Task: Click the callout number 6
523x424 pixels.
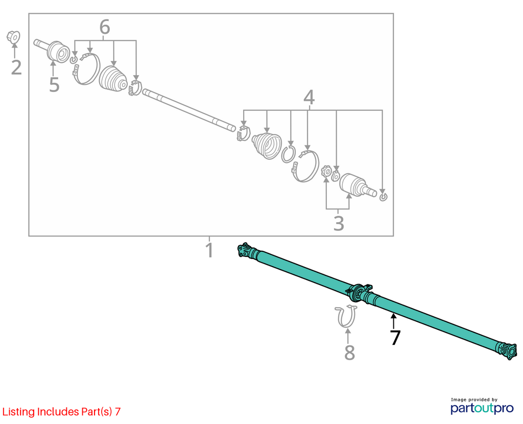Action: pyautogui.click(x=105, y=27)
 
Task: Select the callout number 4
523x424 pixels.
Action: pyautogui.click(x=309, y=98)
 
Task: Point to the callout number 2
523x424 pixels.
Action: pyautogui.click(x=16, y=67)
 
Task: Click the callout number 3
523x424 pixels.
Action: pyautogui.click(x=339, y=223)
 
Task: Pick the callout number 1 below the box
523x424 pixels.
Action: pyautogui.click(x=209, y=250)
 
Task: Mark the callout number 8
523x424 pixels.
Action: pyautogui.click(x=349, y=352)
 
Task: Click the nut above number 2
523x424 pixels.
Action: pyautogui.click(x=14, y=37)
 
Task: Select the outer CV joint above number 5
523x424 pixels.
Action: pyautogui.click(x=53, y=50)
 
